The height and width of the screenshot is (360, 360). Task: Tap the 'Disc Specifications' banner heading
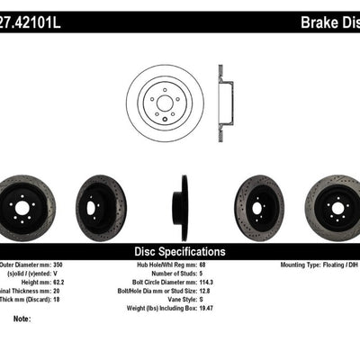click(179, 252)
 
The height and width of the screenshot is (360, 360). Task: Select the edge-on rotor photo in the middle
click(184, 208)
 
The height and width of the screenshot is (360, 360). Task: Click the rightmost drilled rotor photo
click(337, 208)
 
